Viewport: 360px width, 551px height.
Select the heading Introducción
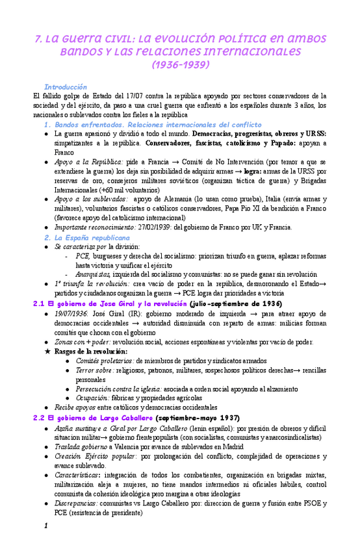pyautogui.click(x=65, y=87)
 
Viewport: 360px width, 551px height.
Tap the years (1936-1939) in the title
pyautogui.click(x=180, y=66)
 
